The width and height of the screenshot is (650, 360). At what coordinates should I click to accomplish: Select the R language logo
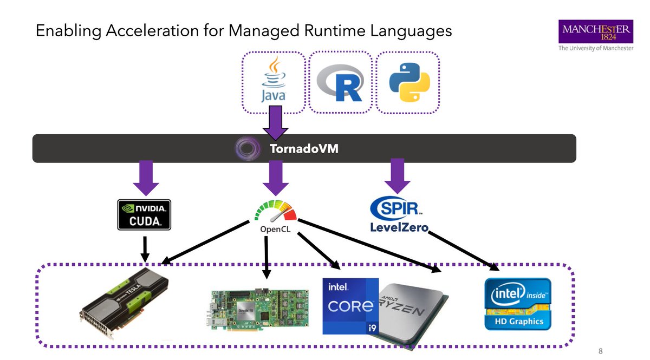340,83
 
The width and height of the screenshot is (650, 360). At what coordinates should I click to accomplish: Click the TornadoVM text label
304,148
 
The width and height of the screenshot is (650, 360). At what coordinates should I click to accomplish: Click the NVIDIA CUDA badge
144,214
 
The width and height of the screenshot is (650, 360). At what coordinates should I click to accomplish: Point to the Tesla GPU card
125,300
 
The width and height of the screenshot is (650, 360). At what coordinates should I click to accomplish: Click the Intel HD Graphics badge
517,304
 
